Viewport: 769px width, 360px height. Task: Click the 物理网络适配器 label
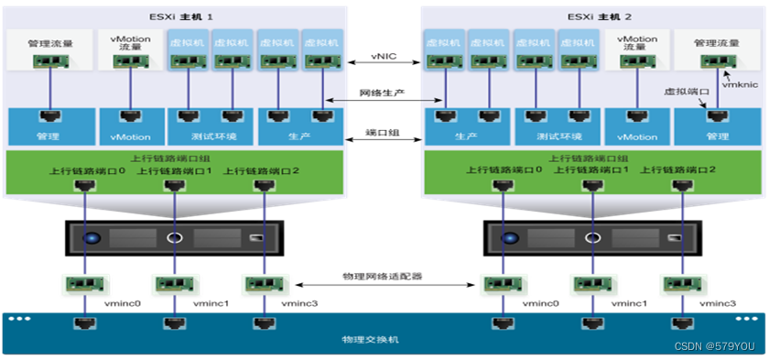[384, 275]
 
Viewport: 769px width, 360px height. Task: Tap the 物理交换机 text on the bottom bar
[384, 341]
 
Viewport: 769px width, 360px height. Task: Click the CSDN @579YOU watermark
[719, 347]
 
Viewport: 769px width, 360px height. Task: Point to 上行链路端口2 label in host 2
[679, 170]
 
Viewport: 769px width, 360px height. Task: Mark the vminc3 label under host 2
[719, 301]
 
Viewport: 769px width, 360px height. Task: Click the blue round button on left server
[90, 239]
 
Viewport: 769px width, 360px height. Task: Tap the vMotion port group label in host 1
[131, 136]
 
